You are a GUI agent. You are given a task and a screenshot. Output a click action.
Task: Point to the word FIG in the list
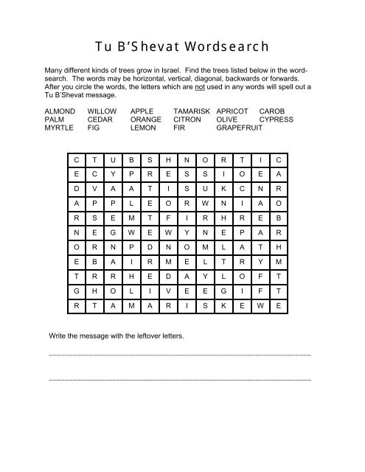click(x=94, y=128)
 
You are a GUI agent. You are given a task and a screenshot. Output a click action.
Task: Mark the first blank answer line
click(x=178, y=355)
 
